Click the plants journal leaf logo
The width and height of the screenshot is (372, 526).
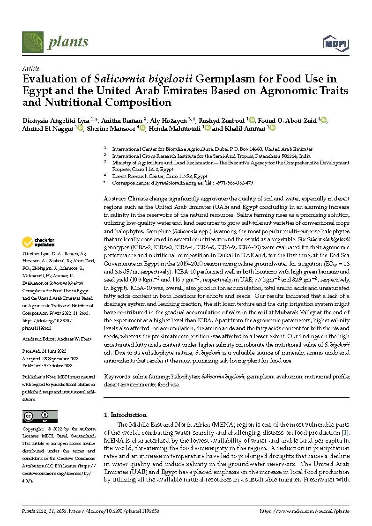point(32,42)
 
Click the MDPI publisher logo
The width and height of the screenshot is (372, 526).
point(336,43)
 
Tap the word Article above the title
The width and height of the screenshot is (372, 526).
point(31,68)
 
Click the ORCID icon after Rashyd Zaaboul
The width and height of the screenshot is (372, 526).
point(252,120)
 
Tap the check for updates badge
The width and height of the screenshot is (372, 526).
point(39,242)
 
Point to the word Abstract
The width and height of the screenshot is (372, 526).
point(115,199)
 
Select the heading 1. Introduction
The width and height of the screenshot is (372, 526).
point(125,415)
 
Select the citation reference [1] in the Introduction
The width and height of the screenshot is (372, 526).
point(345,432)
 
